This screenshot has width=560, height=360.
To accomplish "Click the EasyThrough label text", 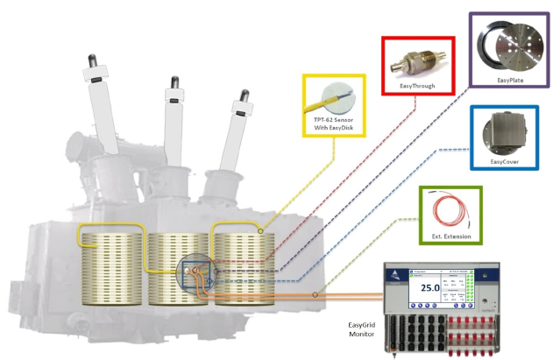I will [x=417, y=86].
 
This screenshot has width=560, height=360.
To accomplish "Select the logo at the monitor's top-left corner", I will [x=394, y=272].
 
